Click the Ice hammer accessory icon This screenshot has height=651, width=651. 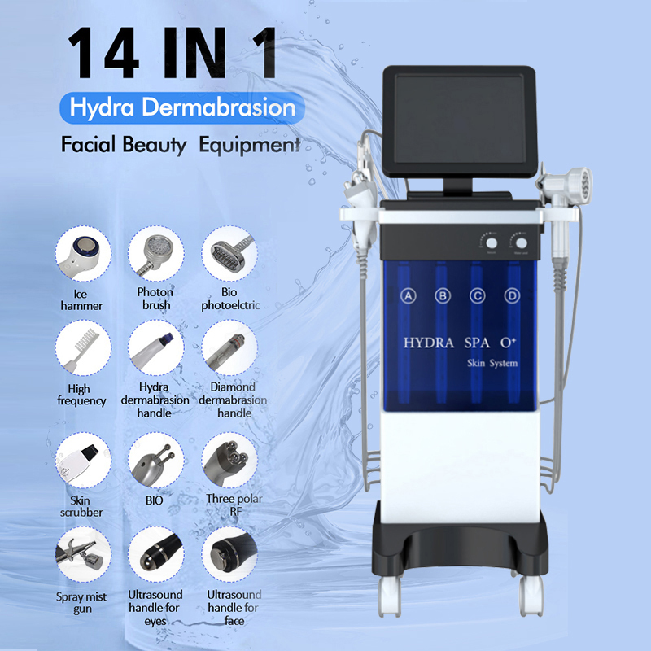(x=81, y=253)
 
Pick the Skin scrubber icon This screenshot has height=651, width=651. (x=81, y=460)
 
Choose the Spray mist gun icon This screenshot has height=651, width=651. (x=81, y=555)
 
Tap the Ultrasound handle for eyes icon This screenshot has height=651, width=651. (x=155, y=555)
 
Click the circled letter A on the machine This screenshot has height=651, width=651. (x=409, y=297)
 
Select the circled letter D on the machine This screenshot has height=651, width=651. (x=511, y=297)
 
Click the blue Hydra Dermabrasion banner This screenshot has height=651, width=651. (x=181, y=107)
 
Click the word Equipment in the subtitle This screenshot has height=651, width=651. (x=253, y=146)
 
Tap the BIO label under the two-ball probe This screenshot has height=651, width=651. (x=154, y=500)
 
